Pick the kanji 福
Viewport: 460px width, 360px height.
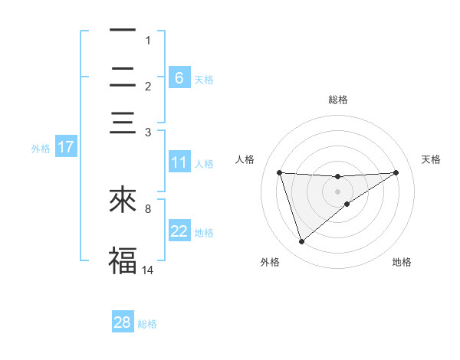123,260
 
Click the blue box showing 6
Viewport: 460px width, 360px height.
179,77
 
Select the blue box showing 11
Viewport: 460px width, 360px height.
179,162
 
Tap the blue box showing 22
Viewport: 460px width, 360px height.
179,231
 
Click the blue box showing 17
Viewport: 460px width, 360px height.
66,147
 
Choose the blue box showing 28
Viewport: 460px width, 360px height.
123,322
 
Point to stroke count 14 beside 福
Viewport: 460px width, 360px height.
148,270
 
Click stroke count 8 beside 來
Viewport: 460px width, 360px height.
148,208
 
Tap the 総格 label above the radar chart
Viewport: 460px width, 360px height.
337,100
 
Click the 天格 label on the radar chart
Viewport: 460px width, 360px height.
431,159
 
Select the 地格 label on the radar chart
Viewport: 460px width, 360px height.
402,262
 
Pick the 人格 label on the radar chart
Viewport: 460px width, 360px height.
245,159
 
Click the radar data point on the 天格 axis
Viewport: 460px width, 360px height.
396,172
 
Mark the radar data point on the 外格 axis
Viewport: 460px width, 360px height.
301,242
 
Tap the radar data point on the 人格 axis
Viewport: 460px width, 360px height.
279,172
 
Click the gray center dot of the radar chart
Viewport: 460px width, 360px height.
337,191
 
